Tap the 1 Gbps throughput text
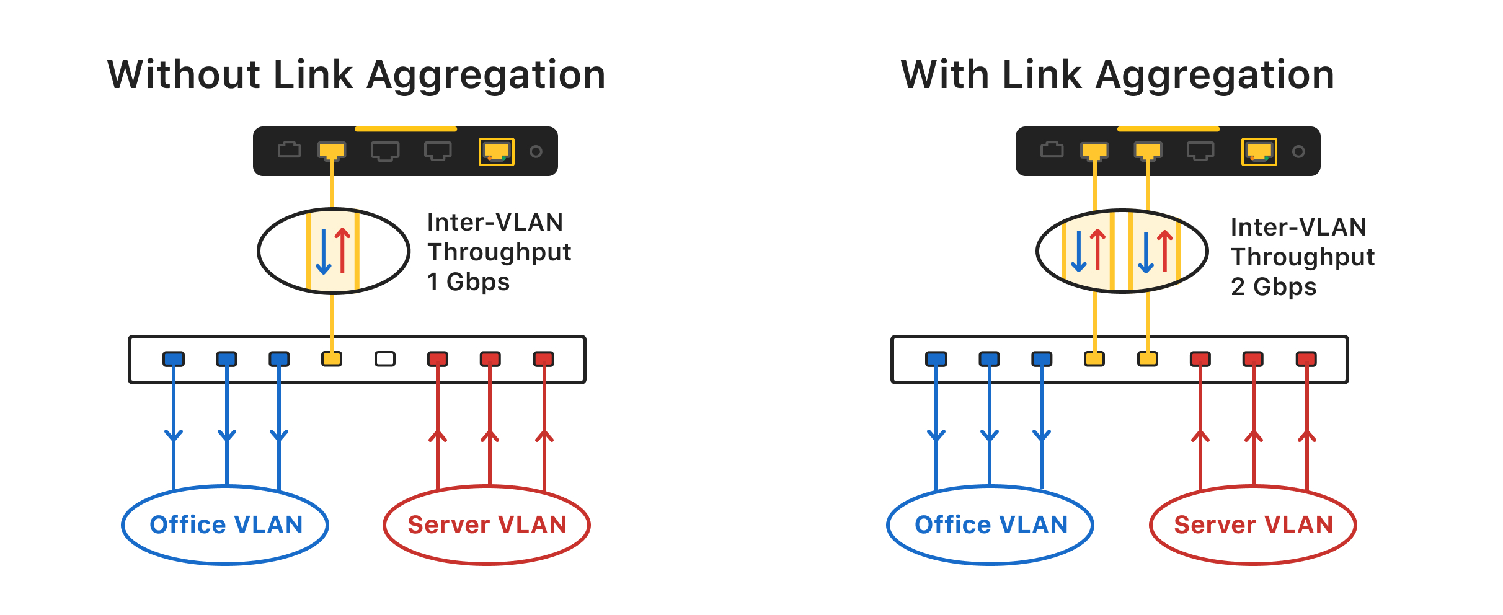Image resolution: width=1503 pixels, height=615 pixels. tap(468, 282)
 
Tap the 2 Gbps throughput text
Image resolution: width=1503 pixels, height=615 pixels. tap(1274, 287)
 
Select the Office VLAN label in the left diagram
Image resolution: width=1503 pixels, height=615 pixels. tap(226, 525)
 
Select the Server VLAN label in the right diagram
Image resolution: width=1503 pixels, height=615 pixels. tap(1253, 525)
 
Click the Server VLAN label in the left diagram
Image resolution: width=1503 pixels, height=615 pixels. tap(487, 525)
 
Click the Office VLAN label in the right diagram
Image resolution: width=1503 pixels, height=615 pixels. tap(991, 525)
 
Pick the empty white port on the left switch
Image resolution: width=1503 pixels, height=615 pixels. tap(385, 359)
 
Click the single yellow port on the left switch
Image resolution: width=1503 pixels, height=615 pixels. tap(332, 359)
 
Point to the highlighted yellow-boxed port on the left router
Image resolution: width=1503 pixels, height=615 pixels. tap(497, 151)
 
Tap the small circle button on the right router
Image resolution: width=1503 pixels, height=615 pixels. tap(1298, 151)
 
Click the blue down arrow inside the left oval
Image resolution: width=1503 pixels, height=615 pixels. tap(324, 252)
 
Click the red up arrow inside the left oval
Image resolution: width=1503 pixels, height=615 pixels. tap(342, 250)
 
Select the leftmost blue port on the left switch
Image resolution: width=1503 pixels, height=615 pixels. tap(174, 359)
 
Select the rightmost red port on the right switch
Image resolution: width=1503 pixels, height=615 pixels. tap(1306, 359)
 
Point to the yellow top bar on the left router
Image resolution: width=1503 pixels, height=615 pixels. tap(406, 129)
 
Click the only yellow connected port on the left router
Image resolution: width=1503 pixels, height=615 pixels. tap(332, 151)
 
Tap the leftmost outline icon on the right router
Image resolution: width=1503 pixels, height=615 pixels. tap(1052, 150)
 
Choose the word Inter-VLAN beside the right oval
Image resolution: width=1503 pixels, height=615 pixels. tap(1298, 228)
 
